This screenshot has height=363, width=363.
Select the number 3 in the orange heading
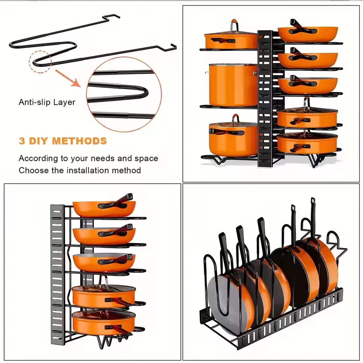click(22, 141)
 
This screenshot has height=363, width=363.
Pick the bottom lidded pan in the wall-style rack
click(103, 321)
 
